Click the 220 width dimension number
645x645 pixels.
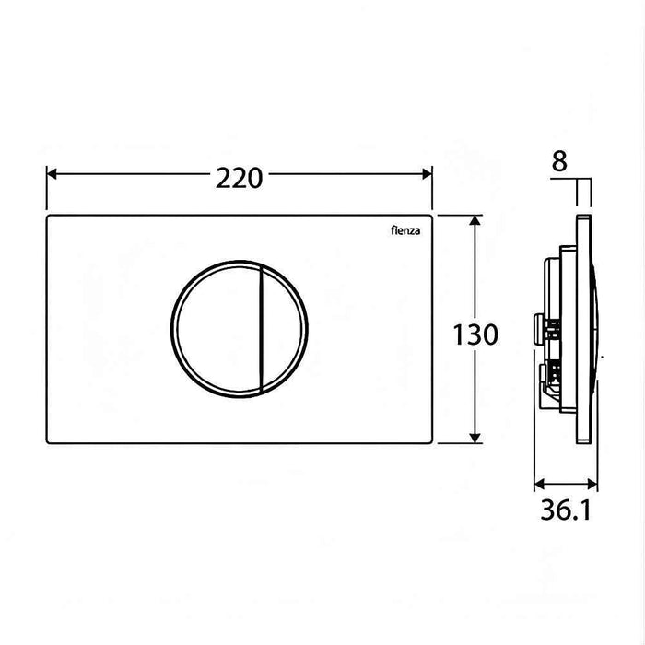pos(240,176)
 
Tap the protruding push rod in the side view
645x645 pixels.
pos(538,327)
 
